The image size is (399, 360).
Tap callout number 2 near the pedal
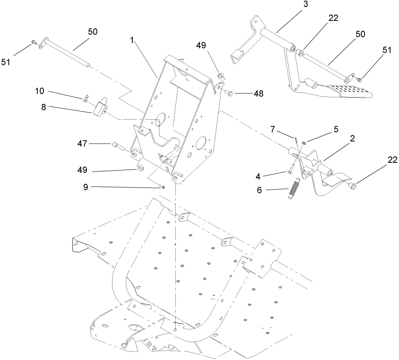coord(352,138)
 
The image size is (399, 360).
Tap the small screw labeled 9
coord(162,187)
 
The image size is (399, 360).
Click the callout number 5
coord(336,129)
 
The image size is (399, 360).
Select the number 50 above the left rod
coord(93,32)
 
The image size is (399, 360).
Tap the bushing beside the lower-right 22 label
coord(352,186)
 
